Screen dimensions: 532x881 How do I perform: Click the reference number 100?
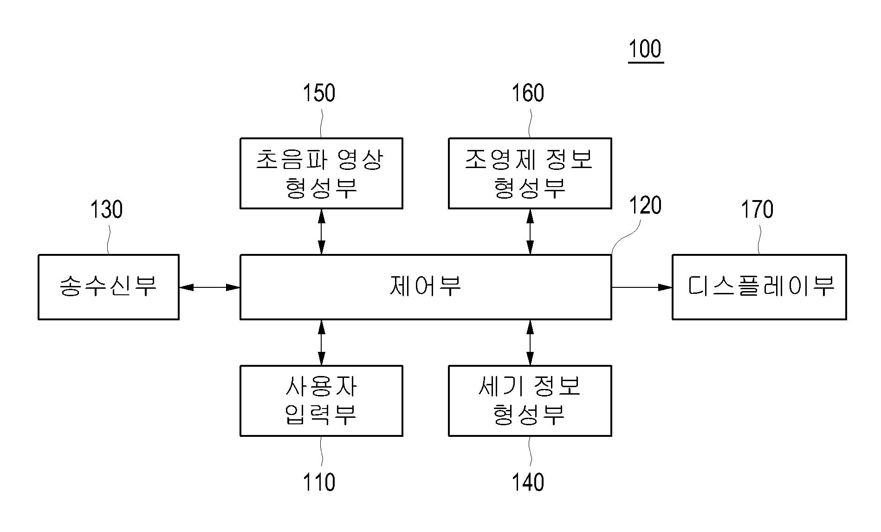click(x=645, y=49)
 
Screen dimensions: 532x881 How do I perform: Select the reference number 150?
click(x=319, y=93)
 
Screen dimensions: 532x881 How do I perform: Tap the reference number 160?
click(x=528, y=93)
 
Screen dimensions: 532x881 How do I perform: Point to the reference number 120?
click(x=645, y=206)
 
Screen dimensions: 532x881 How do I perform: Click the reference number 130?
click(x=106, y=209)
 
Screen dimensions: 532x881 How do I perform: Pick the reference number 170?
click(x=757, y=209)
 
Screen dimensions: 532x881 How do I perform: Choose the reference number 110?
click(x=319, y=482)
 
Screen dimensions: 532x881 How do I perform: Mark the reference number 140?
click(x=528, y=482)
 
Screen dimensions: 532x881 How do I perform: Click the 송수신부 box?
click(x=109, y=287)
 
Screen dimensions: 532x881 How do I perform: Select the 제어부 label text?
click(x=425, y=286)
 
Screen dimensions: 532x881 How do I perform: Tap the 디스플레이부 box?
click(x=759, y=287)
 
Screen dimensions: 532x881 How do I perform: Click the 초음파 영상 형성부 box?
click(x=321, y=173)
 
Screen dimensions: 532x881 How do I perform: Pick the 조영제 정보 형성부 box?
click(x=530, y=173)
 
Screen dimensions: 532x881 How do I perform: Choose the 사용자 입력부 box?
click(x=321, y=401)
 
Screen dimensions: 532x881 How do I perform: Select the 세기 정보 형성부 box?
click(x=530, y=401)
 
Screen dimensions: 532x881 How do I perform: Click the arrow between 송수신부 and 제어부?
click(x=209, y=287)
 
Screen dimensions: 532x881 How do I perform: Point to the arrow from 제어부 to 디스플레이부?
click(x=641, y=287)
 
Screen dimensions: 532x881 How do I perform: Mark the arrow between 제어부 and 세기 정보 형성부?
click(x=530, y=343)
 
